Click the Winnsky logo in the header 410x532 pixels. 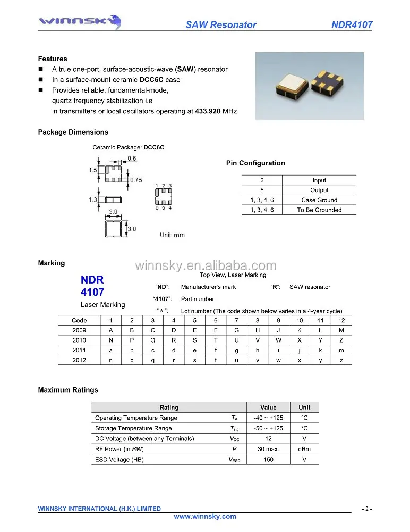tap(80, 22)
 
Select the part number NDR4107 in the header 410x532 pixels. tap(352, 24)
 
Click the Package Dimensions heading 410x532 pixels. tap(73, 132)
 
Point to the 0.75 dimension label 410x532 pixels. tap(136, 180)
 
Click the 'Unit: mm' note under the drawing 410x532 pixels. tap(173, 235)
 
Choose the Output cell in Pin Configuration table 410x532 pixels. tap(319, 190)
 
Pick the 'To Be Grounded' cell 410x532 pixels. tap(319, 210)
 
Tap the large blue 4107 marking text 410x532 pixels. tap(92, 292)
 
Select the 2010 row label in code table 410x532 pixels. tap(79, 340)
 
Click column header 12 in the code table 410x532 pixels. tap(341, 320)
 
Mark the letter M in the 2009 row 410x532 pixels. tap(341, 330)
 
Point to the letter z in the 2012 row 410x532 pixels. tap(341, 360)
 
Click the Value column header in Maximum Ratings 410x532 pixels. tap(268, 408)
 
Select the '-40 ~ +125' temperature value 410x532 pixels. tap(268, 418)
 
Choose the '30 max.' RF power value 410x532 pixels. tap(268, 449)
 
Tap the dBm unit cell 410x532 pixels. tap(304, 449)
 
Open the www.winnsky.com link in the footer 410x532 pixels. tap(205, 517)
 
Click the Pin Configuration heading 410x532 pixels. tap(255, 163)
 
